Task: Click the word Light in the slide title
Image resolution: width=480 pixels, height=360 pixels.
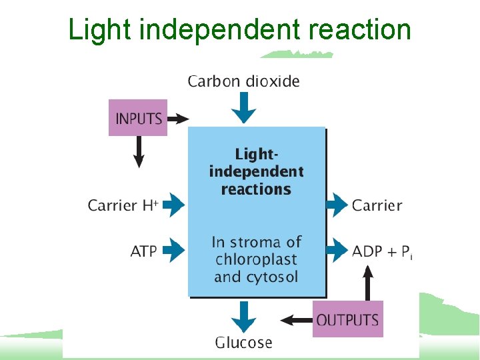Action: [93, 30]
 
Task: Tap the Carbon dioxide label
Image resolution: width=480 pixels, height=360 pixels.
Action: [243, 81]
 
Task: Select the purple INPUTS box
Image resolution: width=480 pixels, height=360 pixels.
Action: [138, 118]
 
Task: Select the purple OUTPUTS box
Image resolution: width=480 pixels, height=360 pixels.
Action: [347, 319]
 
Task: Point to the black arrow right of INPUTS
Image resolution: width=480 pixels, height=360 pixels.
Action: [178, 119]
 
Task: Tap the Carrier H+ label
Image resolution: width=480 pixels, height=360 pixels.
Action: [123, 205]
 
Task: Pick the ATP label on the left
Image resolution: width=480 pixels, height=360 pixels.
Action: [143, 251]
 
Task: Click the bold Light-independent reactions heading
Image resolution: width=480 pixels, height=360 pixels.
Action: [256, 171]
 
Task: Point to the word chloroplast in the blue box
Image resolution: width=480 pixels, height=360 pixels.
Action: [256, 259]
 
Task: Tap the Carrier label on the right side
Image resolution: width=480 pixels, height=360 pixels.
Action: [377, 205]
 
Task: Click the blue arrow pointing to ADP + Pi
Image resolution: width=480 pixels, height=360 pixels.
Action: [337, 251]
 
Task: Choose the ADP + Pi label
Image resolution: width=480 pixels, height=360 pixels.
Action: [382, 251]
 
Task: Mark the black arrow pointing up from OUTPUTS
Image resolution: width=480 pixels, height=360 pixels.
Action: [366, 280]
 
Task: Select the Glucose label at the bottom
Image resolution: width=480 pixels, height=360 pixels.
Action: [243, 343]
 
